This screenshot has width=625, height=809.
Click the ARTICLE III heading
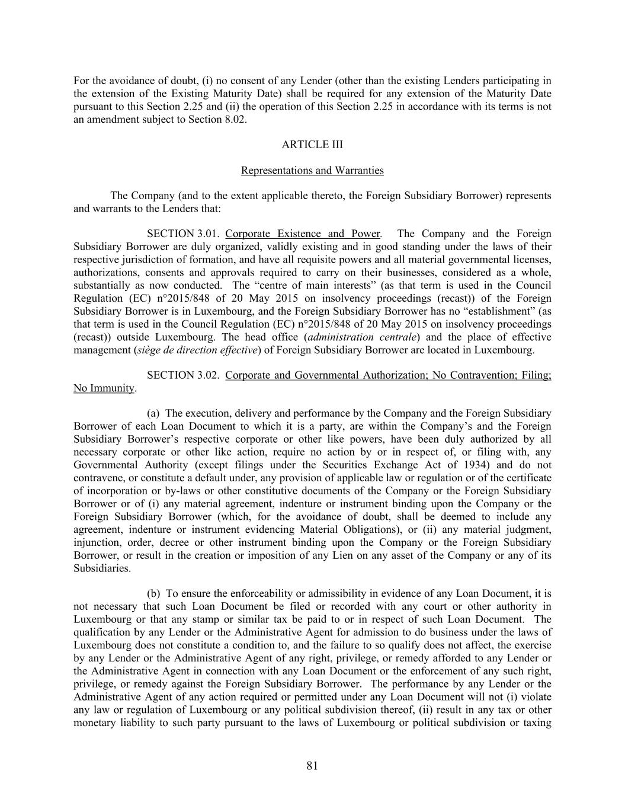click(312, 145)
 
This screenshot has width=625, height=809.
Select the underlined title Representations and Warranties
click(312, 171)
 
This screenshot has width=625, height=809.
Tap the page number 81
click(312, 766)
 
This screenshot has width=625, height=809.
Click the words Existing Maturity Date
click(216, 94)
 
